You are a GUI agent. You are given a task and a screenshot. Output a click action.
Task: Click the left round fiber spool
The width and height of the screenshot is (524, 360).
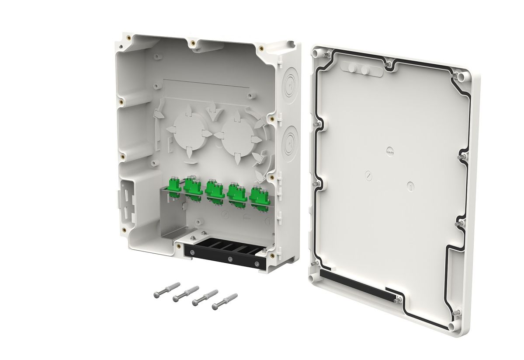pyautogui.click(x=188, y=132)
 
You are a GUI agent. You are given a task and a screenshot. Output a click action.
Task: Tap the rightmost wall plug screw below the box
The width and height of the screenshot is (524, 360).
pyautogui.click(x=225, y=301)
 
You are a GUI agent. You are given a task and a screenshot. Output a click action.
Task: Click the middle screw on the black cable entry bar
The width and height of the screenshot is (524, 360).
pyautogui.click(x=230, y=259)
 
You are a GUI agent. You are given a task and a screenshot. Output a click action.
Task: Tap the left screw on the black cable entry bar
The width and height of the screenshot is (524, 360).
pyautogui.click(x=192, y=252)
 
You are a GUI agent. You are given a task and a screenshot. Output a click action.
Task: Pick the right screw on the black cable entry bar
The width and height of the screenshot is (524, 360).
pyautogui.click(x=257, y=264)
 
